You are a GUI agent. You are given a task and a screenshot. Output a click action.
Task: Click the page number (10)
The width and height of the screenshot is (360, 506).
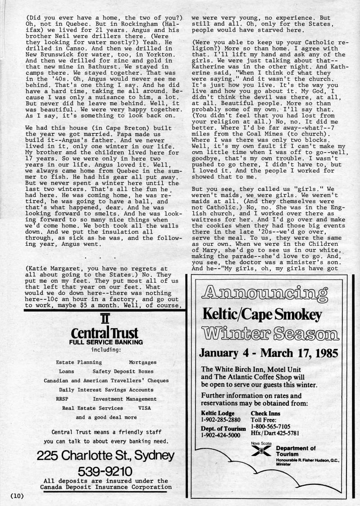click(x=16, y=496)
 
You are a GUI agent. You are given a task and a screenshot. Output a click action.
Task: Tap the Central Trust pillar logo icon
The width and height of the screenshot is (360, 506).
click(x=105, y=321)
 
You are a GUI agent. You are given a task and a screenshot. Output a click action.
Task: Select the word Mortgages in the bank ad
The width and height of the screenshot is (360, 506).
click(x=143, y=362)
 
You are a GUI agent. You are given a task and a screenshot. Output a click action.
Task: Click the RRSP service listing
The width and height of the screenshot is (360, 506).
click(x=62, y=399)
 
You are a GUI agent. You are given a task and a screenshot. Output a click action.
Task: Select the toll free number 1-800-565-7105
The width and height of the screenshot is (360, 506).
click(x=270, y=426)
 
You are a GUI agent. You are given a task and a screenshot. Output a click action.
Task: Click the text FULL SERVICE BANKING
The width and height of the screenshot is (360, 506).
click(x=106, y=342)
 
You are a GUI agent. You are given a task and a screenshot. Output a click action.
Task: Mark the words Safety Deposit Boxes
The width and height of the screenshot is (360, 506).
click(x=123, y=371)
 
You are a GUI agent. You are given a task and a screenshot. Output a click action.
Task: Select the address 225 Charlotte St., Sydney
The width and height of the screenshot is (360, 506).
click(x=105, y=456)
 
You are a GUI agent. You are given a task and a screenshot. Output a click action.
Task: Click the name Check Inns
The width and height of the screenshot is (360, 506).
click(x=265, y=414)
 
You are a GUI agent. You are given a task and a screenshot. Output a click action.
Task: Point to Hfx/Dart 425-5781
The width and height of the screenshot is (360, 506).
click(x=276, y=434)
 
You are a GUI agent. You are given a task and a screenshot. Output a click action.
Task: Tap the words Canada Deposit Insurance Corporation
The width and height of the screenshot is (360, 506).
click(x=106, y=487)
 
